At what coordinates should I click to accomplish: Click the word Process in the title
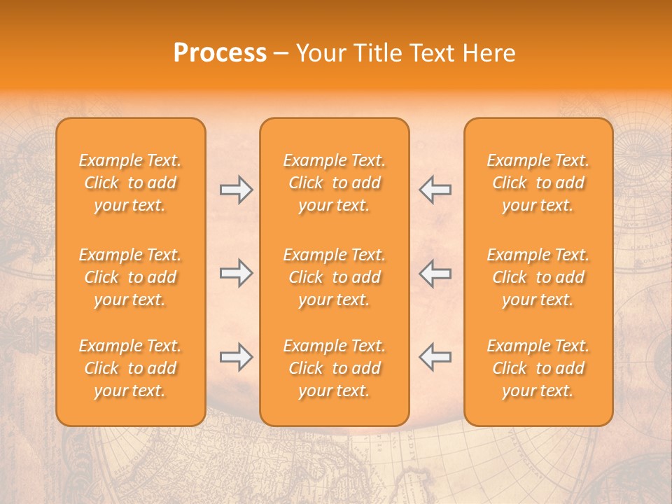click(220, 53)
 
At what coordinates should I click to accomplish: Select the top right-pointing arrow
click(236, 190)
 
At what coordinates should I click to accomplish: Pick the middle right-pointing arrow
click(236, 273)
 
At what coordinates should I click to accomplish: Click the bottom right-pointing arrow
click(236, 357)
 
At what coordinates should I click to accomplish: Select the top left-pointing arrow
click(435, 190)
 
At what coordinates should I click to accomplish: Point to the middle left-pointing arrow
click(435, 273)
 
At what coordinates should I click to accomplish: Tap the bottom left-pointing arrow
click(435, 357)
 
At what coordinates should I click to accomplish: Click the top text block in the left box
click(130, 183)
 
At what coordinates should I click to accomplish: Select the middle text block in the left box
click(130, 277)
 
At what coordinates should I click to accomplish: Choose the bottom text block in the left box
click(130, 368)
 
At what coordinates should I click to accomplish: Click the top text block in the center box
click(334, 183)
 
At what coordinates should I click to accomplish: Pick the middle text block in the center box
click(334, 277)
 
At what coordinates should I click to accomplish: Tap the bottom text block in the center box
click(334, 368)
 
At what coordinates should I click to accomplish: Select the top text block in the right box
click(538, 183)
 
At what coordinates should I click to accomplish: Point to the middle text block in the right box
click(538, 277)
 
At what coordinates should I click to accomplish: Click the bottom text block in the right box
click(538, 368)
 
